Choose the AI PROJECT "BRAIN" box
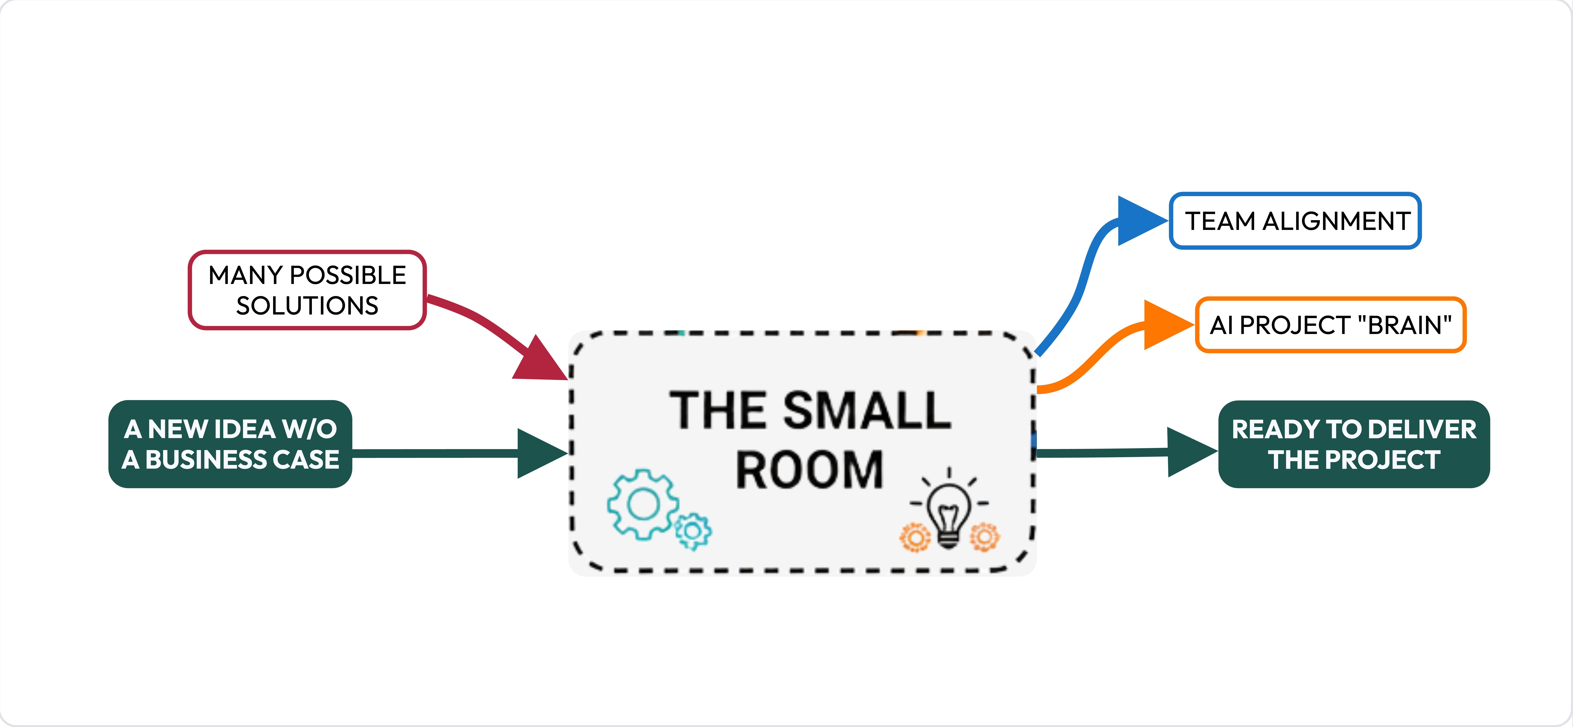1330,325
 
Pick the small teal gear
693,531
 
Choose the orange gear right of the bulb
984,537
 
